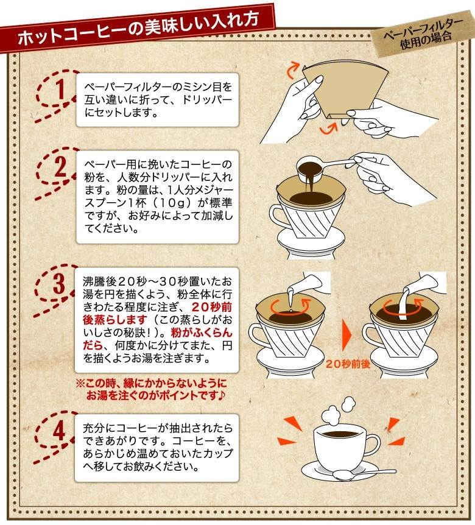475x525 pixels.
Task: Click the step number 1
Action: tap(60, 89)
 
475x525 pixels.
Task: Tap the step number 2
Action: tap(60, 166)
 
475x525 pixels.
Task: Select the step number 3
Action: tap(59, 283)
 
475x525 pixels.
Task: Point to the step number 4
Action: tap(59, 430)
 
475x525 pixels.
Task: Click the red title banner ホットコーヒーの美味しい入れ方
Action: tap(137, 28)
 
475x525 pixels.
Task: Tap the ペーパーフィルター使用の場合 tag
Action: tap(423, 34)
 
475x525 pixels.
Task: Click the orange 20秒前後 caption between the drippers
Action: tap(348, 364)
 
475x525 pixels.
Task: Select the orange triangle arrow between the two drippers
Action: tap(347, 336)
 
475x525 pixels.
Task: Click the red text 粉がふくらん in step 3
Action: tap(201, 333)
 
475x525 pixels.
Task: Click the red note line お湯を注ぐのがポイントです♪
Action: tap(156, 396)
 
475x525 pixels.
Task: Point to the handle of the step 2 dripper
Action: tap(278, 217)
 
